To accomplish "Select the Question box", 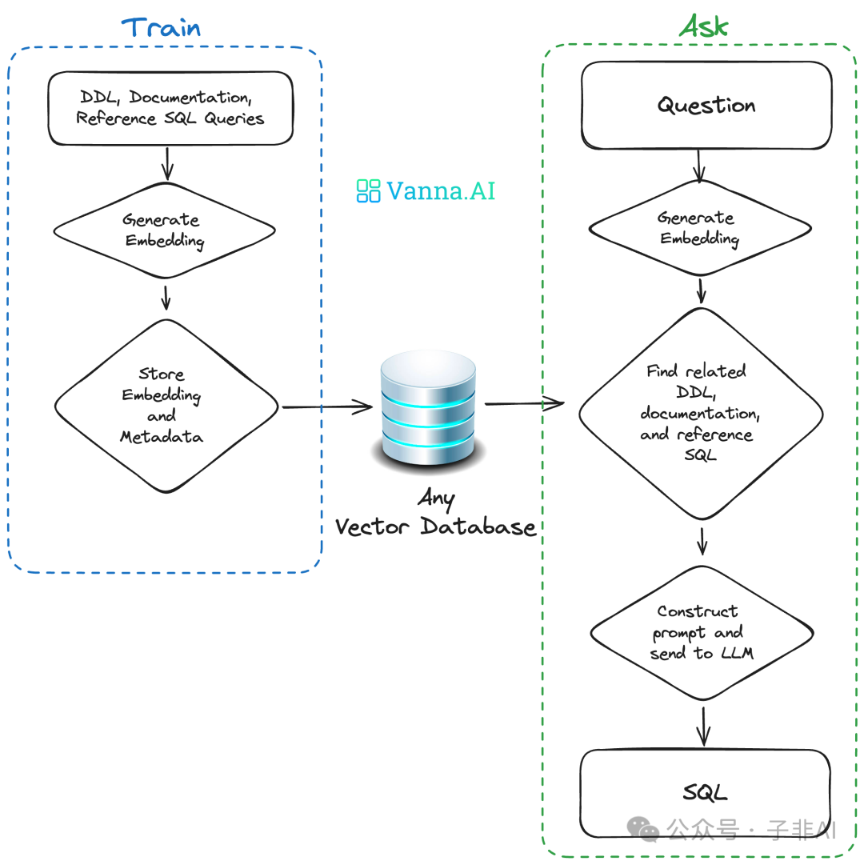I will [x=706, y=106].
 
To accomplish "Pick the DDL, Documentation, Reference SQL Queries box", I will [x=170, y=108].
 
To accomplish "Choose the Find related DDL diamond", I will [x=701, y=413].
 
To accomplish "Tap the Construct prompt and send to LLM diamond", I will [x=702, y=632].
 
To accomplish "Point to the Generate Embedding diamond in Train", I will [x=165, y=230].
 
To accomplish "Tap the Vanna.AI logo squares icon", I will [x=368, y=190].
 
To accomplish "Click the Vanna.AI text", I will [x=441, y=190].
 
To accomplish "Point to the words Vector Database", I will [x=435, y=527].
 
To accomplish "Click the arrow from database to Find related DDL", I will [x=524, y=404].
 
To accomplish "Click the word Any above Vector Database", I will [x=436, y=499].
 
